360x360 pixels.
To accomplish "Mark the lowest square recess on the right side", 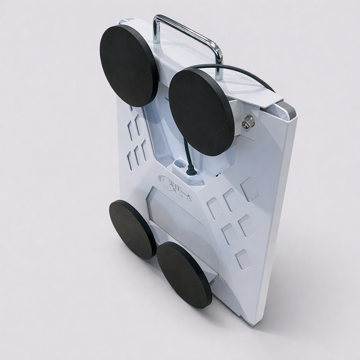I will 243,259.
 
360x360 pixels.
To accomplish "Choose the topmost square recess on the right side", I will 249,189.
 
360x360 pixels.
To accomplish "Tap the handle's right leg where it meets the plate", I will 219,76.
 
